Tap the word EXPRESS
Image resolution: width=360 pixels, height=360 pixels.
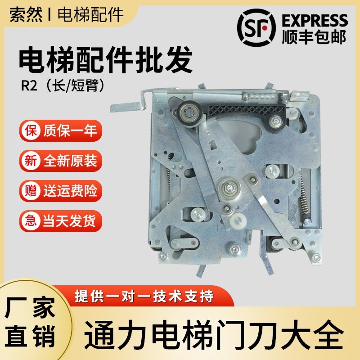point(314,20)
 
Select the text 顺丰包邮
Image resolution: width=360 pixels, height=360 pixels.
point(314,37)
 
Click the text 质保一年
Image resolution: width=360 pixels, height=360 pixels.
point(70,132)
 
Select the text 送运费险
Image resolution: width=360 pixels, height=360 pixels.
point(70,191)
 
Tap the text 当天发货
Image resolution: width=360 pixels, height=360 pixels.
point(70,221)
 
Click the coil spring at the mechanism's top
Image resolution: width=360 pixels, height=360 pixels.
point(261,95)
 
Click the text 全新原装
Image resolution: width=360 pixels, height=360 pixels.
point(70,161)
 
